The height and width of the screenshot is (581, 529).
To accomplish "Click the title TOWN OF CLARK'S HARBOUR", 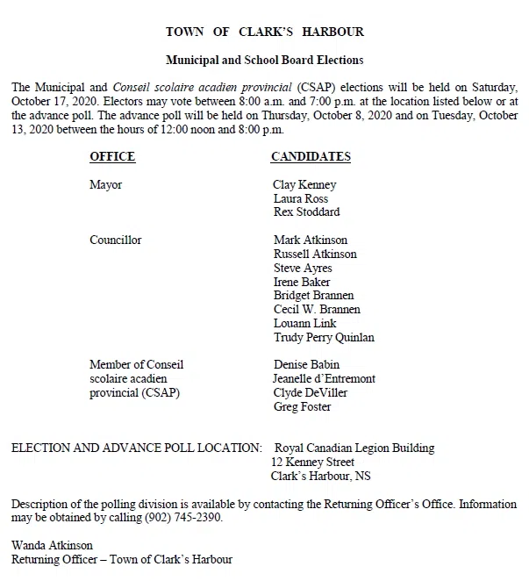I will pos(264,32).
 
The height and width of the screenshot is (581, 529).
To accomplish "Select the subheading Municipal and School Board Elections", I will pos(264,61).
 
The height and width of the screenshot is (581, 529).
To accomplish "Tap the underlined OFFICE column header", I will pos(112,157).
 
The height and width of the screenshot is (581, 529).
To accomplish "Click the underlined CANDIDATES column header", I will pos(311,157).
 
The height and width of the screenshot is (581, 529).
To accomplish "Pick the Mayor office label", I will pos(105,185).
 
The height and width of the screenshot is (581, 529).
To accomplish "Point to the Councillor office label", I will pos(115,240).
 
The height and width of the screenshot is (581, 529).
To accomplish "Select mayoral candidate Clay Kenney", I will pos(304,185).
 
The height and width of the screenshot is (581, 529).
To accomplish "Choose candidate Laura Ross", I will pos(301,198).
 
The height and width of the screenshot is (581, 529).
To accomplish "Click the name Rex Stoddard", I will pos(306,212).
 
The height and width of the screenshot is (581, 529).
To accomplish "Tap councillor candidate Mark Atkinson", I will pos(311,240).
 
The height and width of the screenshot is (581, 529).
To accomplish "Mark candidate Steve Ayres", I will pos(304,268).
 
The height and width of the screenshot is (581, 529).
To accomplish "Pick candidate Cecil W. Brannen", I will pos(317,309).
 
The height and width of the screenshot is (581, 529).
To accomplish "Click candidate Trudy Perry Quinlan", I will pos(324,337).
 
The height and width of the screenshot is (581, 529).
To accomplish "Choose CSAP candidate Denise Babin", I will pos(306,365).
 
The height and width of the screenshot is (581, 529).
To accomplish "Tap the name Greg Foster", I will pos(302,406).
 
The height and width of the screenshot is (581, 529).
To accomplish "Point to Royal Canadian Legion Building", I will pos(354,448).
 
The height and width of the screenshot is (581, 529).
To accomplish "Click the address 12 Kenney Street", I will pos(313,463).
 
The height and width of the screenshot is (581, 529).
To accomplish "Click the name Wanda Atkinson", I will pos(52,545).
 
